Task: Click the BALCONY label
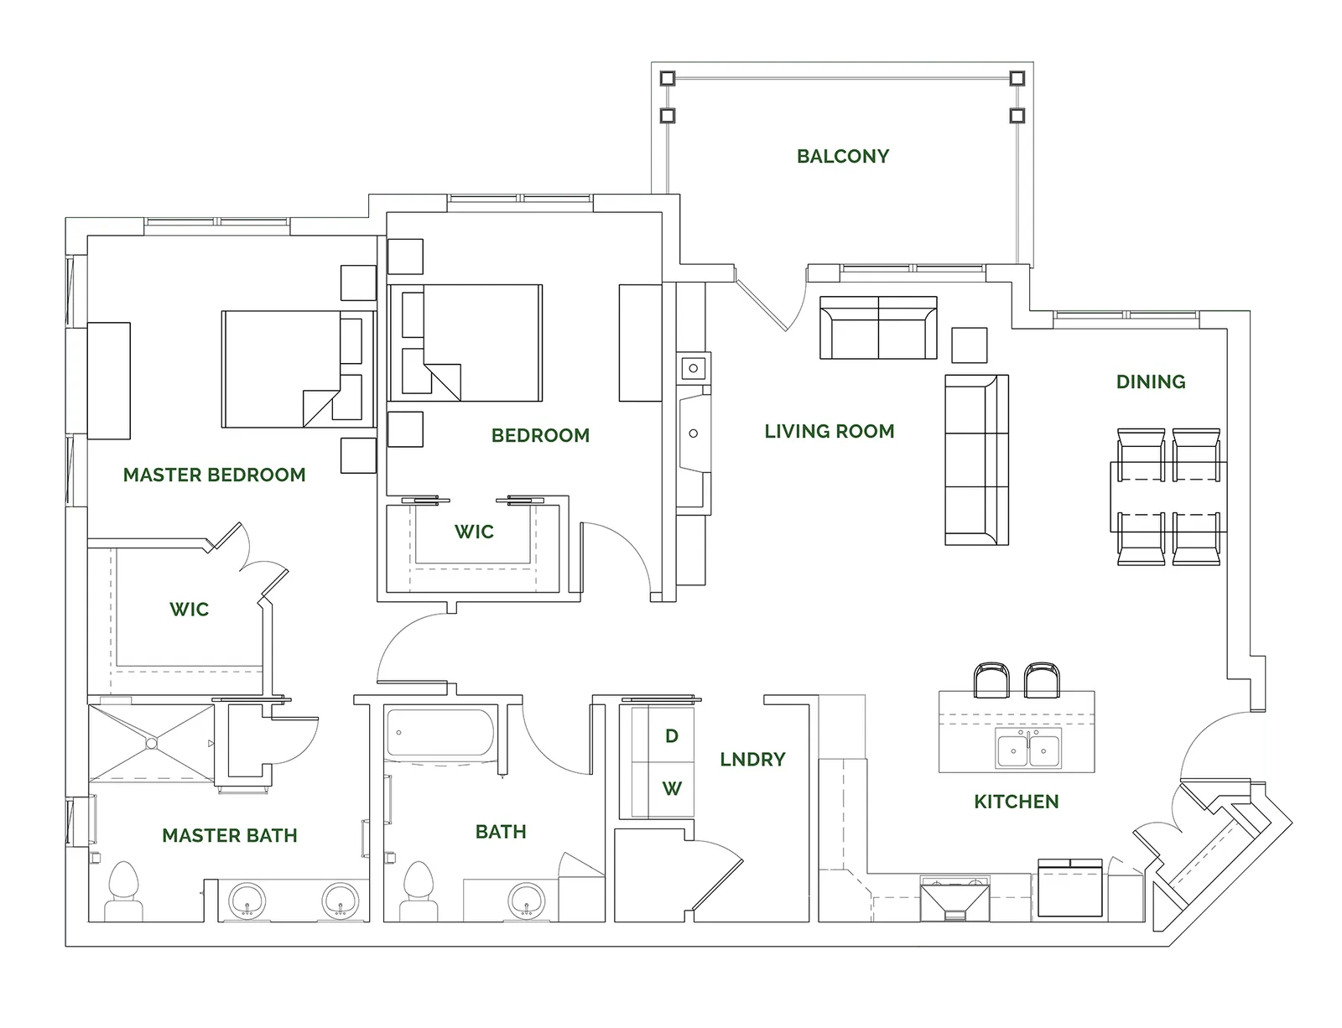(x=842, y=156)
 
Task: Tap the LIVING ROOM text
(x=830, y=431)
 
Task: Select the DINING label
(x=1151, y=382)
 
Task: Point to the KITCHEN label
(x=1016, y=802)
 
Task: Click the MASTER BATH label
(x=230, y=835)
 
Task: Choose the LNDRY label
(x=752, y=759)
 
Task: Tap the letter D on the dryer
(x=672, y=735)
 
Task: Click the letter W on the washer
(x=672, y=788)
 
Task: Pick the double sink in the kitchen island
(x=1027, y=748)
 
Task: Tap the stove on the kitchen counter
(x=954, y=899)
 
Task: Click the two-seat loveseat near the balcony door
(x=878, y=327)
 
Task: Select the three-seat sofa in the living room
(x=976, y=460)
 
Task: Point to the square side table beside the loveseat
(x=969, y=345)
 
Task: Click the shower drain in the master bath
(x=152, y=744)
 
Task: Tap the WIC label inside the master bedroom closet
(x=189, y=610)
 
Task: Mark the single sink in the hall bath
(x=526, y=901)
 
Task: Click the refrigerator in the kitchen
(x=1069, y=888)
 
